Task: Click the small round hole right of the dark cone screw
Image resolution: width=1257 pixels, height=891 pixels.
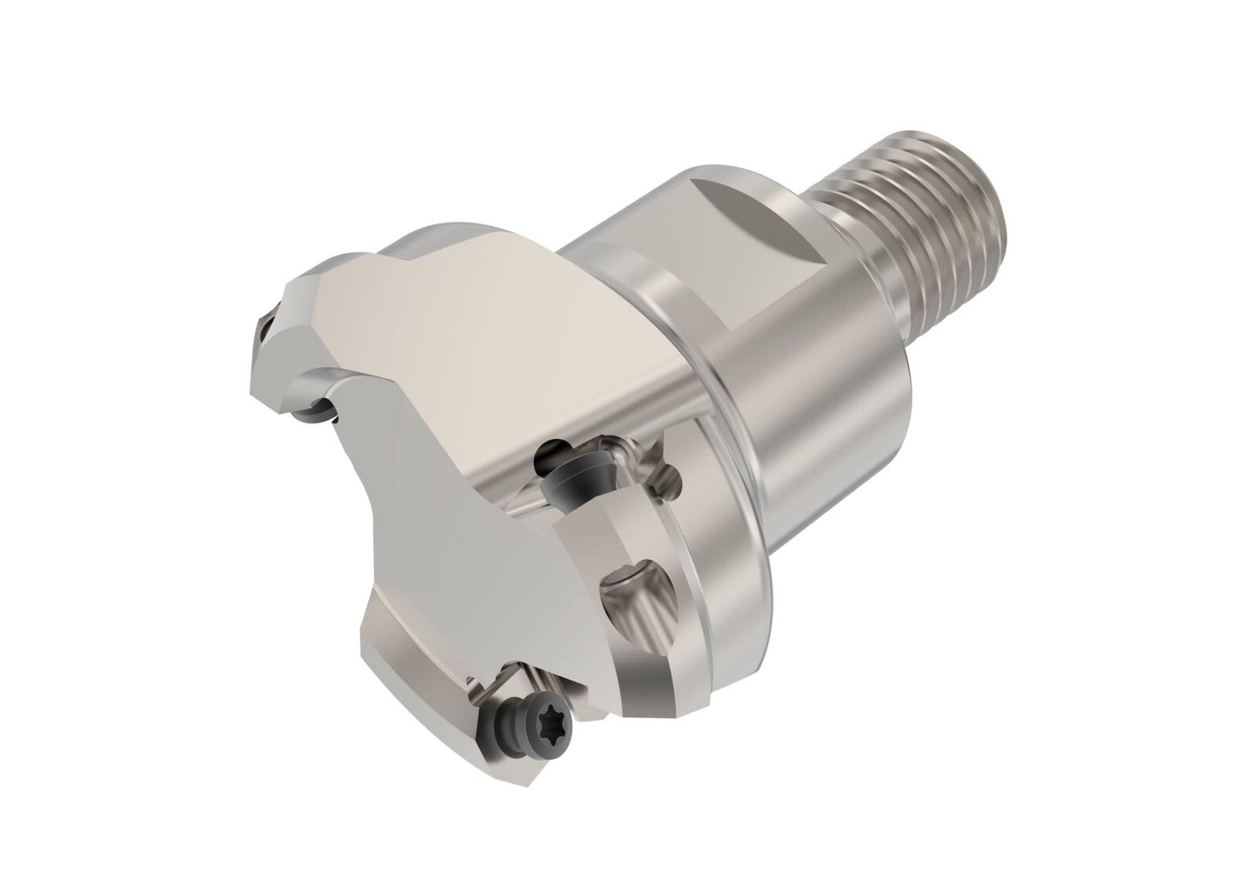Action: [x=670, y=475]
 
